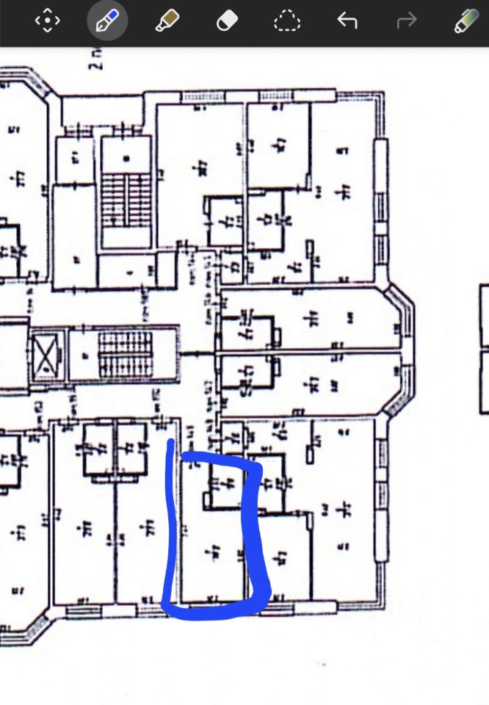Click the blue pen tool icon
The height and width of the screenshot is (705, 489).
[x=107, y=21]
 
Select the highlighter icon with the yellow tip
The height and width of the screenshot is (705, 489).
[x=167, y=21]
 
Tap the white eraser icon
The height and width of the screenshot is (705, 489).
[x=227, y=21]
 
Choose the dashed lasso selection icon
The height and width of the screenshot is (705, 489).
[x=287, y=21]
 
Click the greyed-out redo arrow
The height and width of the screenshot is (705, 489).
[x=406, y=21]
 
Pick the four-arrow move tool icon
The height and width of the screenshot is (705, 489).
[x=47, y=21]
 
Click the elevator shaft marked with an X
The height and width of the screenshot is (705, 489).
[x=48, y=357]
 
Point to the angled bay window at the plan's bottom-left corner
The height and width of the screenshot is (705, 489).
[x=33, y=621]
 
